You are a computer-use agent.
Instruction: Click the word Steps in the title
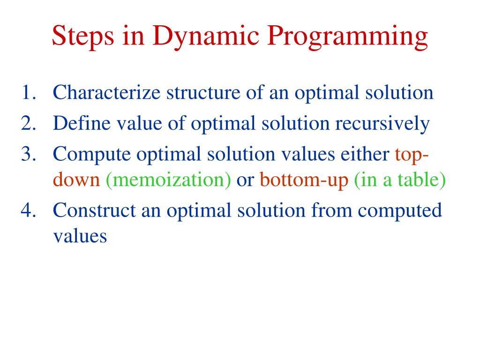pyautogui.click(x=83, y=36)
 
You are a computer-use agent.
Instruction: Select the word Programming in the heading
pyautogui.click(x=347, y=37)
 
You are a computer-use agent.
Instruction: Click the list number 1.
pyautogui.click(x=29, y=92)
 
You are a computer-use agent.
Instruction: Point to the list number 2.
pyautogui.click(x=29, y=123)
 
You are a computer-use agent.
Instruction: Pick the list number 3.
pyautogui.click(x=29, y=154)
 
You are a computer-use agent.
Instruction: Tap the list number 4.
pyautogui.click(x=29, y=210)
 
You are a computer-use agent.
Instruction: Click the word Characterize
pyautogui.click(x=106, y=92)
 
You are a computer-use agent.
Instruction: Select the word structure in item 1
pyautogui.click(x=203, y=92)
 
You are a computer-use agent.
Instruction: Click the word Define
pyautogui.click(x=82, y=123)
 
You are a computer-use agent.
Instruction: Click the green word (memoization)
pyautogui.click(x=168, y=180)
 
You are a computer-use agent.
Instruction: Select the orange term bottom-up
pyautogui.click(x=304, y=180)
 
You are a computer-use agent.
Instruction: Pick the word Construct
pyautogui.click(x=94, y=210)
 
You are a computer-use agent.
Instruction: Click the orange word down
pyautogui.click(x=76, y=180)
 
